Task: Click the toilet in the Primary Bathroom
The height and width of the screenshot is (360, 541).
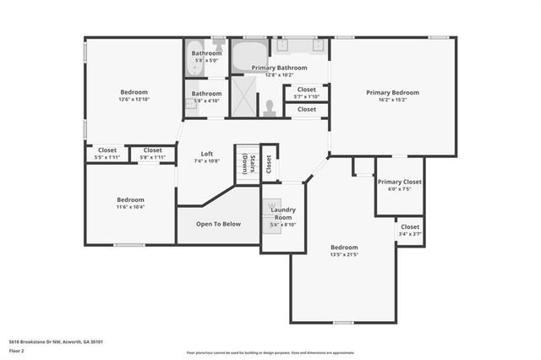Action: click(x=270, y=107)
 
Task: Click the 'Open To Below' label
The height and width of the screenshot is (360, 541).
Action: click(x=218, y=224)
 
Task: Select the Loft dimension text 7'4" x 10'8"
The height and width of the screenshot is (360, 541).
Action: click(x=206, y=161)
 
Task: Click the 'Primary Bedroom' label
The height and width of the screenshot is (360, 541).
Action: click(x=392, y=92)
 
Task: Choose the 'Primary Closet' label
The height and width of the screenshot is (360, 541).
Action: click(x=399, y=182)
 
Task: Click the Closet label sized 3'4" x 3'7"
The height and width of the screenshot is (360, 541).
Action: click(x=409, y=226)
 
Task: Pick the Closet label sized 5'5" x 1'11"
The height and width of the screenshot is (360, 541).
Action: click(x=107, y=150)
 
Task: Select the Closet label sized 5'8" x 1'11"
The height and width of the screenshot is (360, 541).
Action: click(x=152, y=150)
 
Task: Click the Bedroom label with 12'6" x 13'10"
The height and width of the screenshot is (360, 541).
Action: click(x=134, y=92)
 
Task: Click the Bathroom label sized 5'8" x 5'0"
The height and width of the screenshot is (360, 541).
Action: click(x=206, y=53)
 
